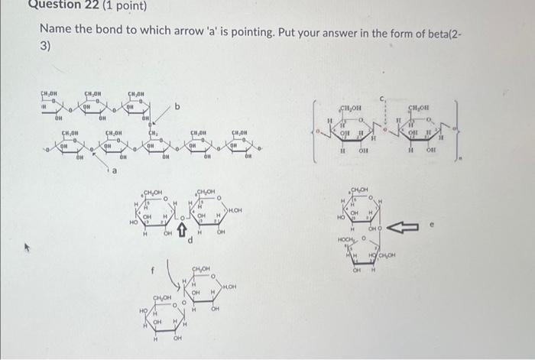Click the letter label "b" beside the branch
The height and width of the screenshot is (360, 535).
[177, 107]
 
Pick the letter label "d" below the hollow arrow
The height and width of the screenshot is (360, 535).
[190, 242]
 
